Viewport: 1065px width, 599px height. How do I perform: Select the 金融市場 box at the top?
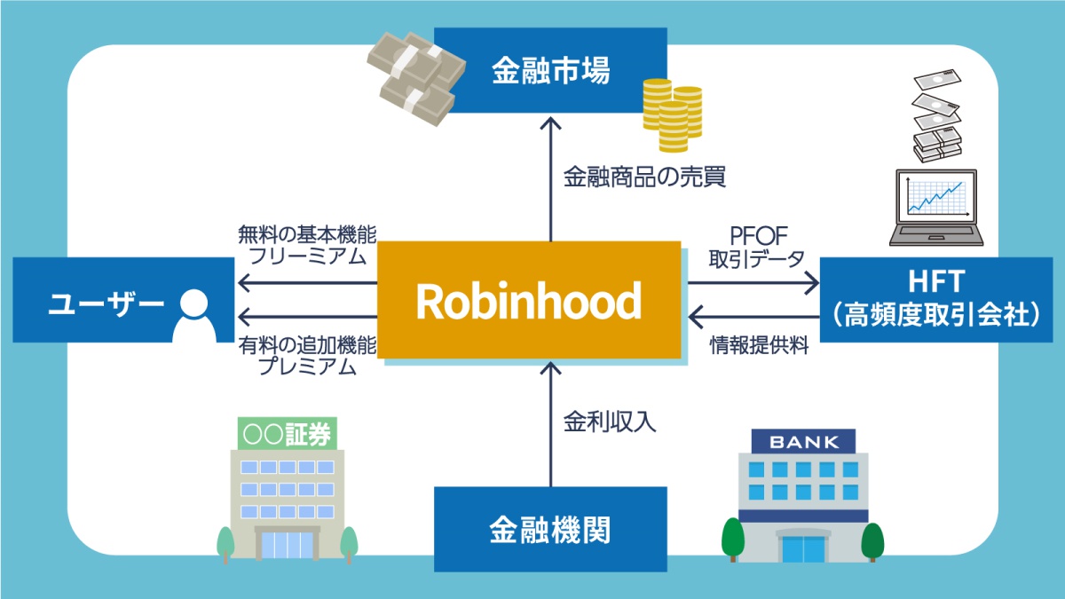550,70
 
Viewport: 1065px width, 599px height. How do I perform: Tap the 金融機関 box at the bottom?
550,530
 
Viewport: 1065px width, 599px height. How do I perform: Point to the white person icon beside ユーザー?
193,315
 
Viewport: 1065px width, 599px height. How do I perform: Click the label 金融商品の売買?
644,177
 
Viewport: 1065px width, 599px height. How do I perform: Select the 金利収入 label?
610,421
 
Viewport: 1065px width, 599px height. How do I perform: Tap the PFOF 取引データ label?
756,248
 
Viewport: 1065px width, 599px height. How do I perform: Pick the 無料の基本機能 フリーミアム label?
307,246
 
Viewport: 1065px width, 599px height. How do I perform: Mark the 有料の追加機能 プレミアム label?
307,355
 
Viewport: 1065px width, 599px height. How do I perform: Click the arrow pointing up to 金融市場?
551,177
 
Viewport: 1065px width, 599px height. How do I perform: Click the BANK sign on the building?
803,441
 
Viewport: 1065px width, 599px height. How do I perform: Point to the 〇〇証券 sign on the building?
285,434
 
